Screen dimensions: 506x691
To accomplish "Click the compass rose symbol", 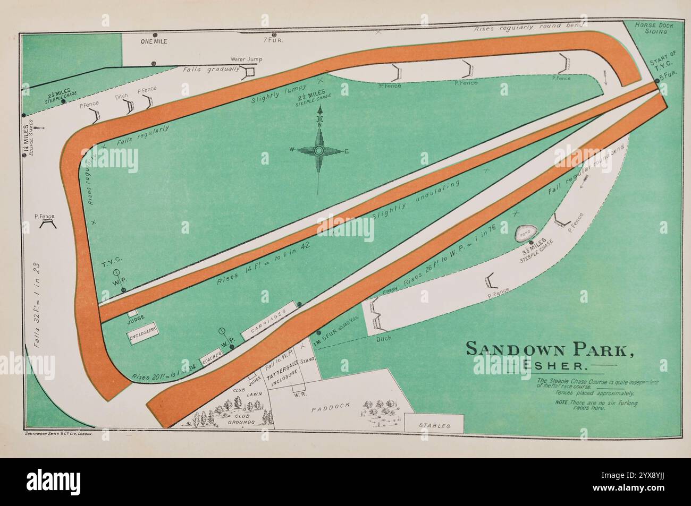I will tap(318, 151).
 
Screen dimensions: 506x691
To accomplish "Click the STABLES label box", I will tap(434, 425).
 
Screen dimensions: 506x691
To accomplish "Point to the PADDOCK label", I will tap(331, 406).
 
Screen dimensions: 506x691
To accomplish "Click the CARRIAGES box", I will tap(269, 321).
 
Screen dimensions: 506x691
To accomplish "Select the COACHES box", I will tap(209, 359).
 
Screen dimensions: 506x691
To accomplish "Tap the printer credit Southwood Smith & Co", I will tap(60, 434).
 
